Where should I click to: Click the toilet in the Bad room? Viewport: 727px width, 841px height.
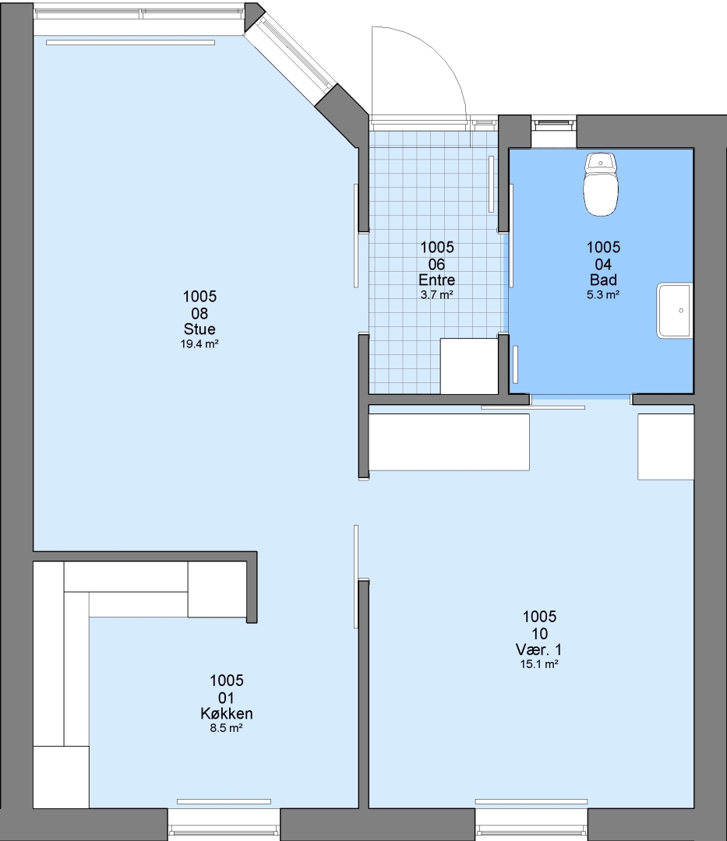click(x=600, y=184)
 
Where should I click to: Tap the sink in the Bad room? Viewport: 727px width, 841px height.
click(x=675, y=311)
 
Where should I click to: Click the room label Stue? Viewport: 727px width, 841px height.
click(x=199, y=329)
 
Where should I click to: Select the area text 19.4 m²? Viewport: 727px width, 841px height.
click(x=199, y=344)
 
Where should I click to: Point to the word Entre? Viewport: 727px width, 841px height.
click(x=436, y=280)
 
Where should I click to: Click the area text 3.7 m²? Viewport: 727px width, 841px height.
click(x=436, y=294)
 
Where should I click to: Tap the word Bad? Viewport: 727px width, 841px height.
click(x=603, y=280)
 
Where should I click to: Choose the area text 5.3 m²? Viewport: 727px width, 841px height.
click(x=603, y=294)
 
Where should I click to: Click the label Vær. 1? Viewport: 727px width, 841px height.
click(x=538, y=649)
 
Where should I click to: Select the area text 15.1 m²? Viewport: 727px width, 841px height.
click(x=539, y=664)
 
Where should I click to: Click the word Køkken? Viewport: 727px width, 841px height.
click(x=227, y=713)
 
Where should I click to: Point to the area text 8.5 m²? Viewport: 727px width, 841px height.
click(x=227, y=728)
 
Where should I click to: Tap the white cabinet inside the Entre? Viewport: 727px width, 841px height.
click(x=469, y=366)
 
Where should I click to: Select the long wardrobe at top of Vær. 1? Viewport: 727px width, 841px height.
click(x=449, y=442)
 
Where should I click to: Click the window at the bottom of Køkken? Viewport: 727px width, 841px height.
click(x=224, y=825)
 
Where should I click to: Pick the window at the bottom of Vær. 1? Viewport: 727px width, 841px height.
click(x=531, y=825)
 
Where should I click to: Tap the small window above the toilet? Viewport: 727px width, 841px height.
click(x=554, y=125)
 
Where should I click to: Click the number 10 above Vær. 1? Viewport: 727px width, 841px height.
click(x=539, y=633)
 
